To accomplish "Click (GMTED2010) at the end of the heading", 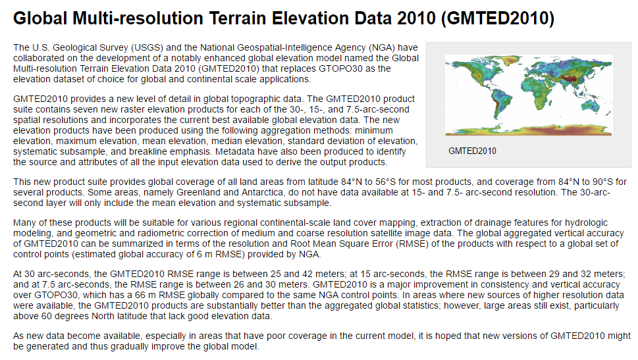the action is [x=498, y=18].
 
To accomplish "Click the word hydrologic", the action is [x=589, y=223].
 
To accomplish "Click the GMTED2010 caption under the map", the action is [x=472, y=151].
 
